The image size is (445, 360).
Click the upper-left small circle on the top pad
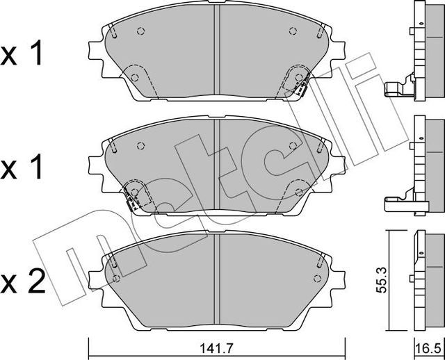click(x=140, y=31)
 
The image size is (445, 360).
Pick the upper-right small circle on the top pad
click(x=292, y=31)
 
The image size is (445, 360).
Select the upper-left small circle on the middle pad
click(x=140, y=145)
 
